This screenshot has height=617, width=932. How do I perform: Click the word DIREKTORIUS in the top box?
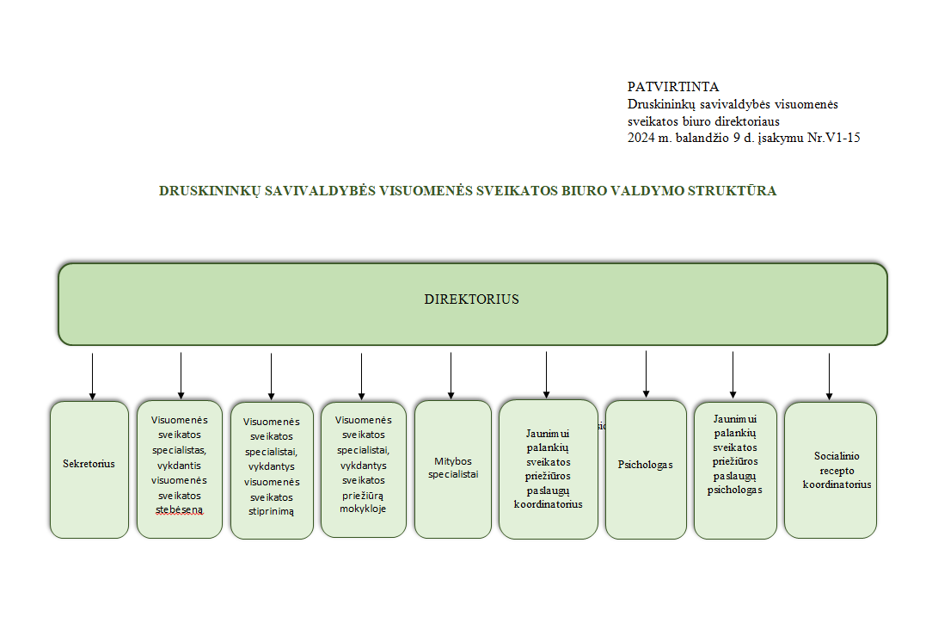point(471,299)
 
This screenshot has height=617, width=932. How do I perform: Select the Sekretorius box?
point(89,470)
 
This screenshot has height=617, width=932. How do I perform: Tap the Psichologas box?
point(646,470)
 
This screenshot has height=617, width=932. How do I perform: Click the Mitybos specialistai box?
point(453,469)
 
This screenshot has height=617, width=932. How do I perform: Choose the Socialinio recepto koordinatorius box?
point(831,470)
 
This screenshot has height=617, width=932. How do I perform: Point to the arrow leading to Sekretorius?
point(92,376)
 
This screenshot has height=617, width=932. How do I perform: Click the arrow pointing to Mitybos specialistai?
point(451,375)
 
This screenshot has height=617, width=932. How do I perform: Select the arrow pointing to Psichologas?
point(646,374)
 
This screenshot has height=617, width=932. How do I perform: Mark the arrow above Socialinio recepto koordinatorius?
point(829,377)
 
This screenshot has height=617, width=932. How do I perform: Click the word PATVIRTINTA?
point(673,87)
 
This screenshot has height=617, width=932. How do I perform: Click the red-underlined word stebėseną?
point(180,510)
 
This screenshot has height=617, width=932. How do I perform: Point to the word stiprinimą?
point(271,512)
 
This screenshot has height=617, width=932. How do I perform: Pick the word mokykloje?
point(363,509)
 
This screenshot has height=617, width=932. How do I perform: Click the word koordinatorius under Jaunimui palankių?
point(548,504)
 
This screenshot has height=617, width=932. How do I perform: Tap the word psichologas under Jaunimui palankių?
point(734,491)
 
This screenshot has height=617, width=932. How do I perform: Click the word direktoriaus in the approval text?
point(746,121)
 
